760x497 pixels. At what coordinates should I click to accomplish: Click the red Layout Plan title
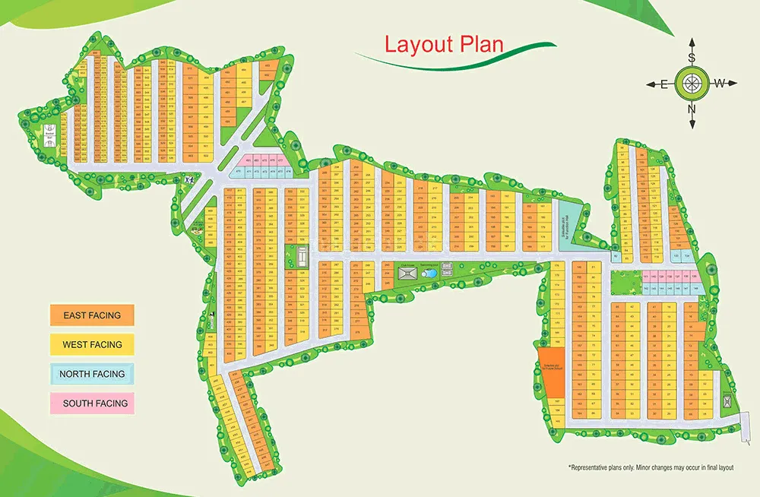444,43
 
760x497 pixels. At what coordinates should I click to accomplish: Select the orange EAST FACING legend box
92,315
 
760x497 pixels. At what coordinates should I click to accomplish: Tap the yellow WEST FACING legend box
92,344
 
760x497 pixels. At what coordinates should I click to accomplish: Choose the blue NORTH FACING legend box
92,374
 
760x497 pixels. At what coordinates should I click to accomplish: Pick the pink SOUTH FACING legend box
92,404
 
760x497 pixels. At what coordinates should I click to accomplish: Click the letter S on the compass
692,57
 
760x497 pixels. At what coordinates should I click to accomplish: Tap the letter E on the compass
663,84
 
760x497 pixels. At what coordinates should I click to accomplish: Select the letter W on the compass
720,83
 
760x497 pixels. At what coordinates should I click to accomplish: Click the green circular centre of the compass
692,83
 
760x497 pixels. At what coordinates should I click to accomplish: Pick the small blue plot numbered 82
616,257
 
